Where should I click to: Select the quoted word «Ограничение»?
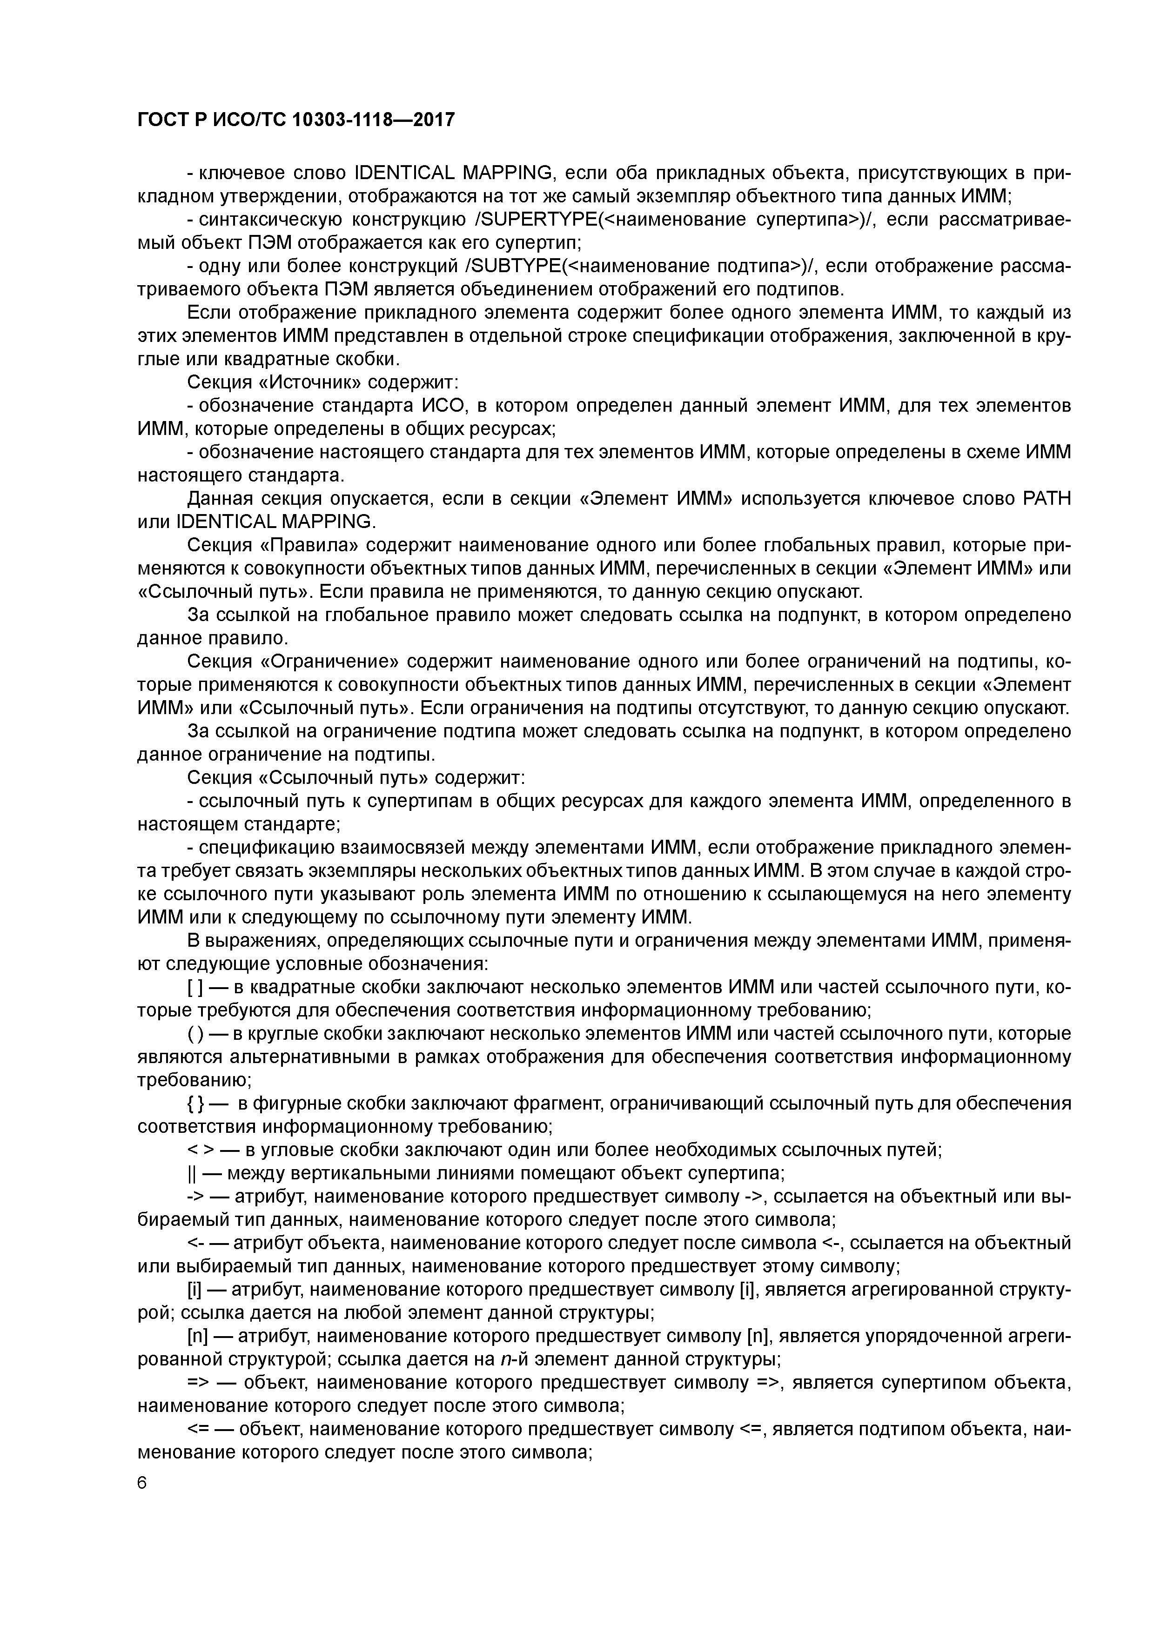click(331, 662)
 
